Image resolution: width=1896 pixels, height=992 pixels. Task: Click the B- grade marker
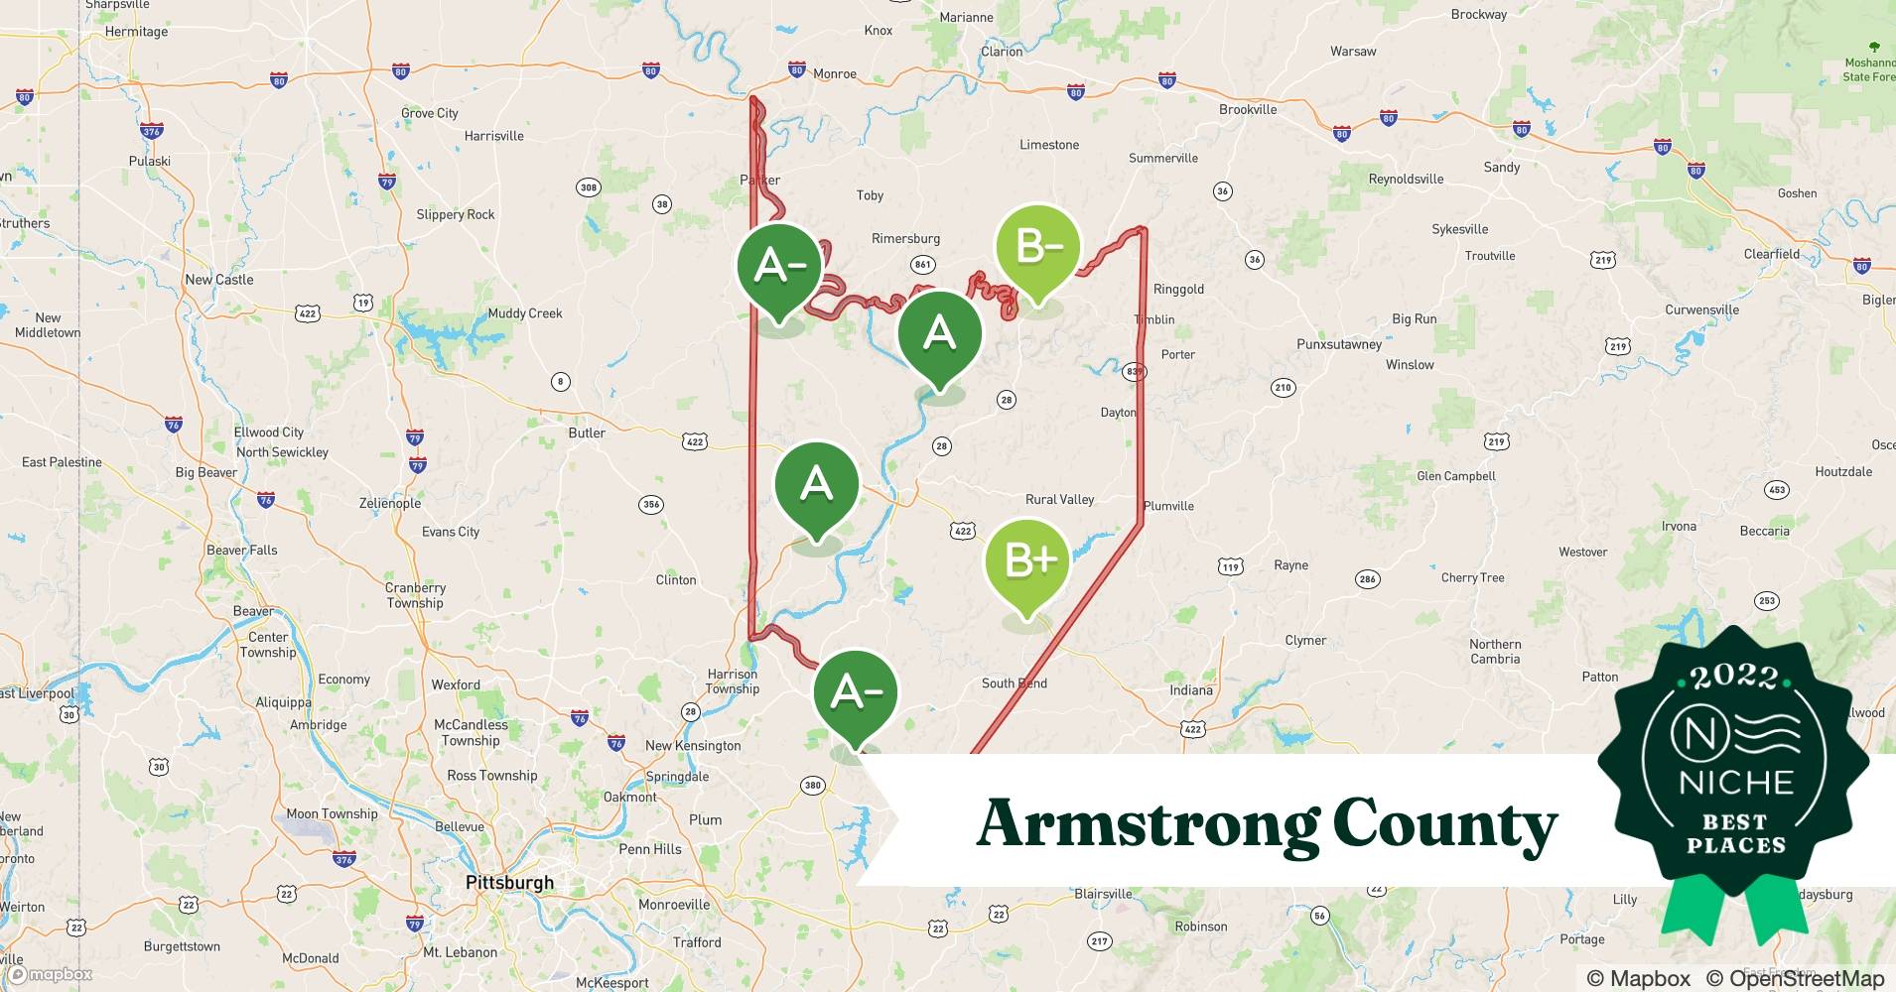pyautogui.click(x=1036, y=247)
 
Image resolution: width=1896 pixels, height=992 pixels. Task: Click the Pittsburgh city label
pyautogui.click(x=510, y=882)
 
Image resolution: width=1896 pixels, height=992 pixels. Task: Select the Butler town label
pyautogui.click(x=587, y=433)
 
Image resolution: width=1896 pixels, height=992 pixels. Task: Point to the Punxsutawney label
pyautogui.click(x=1339, y=344)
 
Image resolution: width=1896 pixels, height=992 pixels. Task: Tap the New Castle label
pyautogui.click(x=219, y=280)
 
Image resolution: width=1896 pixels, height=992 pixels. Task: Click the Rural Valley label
pyautogui.click(x=1059, y=499)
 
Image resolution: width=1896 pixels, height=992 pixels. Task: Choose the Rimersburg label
pyautogui.click(x=905, y=238)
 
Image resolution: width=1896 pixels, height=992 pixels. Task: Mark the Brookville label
pyautogui.click(x=1248, y=109)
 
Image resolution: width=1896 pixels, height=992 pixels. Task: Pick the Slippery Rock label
pyautogui.click(x=456, y=214)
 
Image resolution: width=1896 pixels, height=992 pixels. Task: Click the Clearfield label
pyautogui.click(x=1772, y=254)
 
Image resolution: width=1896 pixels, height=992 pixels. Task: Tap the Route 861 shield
pyautogui.click(x=922, y=264)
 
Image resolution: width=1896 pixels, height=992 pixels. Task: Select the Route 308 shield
pyautogui.click(x=588, y=187)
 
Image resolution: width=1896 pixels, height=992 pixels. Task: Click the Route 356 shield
pyautogui.click(x=650, y=504)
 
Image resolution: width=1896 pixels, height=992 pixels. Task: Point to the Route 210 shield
pyautogui.click(x=1284, y=388)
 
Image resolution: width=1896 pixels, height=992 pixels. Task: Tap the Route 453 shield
pyautogui.click(x=1777, y=489)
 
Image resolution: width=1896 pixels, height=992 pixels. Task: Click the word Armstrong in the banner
pyautogui.click(x=1146, y=824)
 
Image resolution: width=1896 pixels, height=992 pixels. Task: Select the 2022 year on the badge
pyautogui.click(x=1734, y=677)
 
